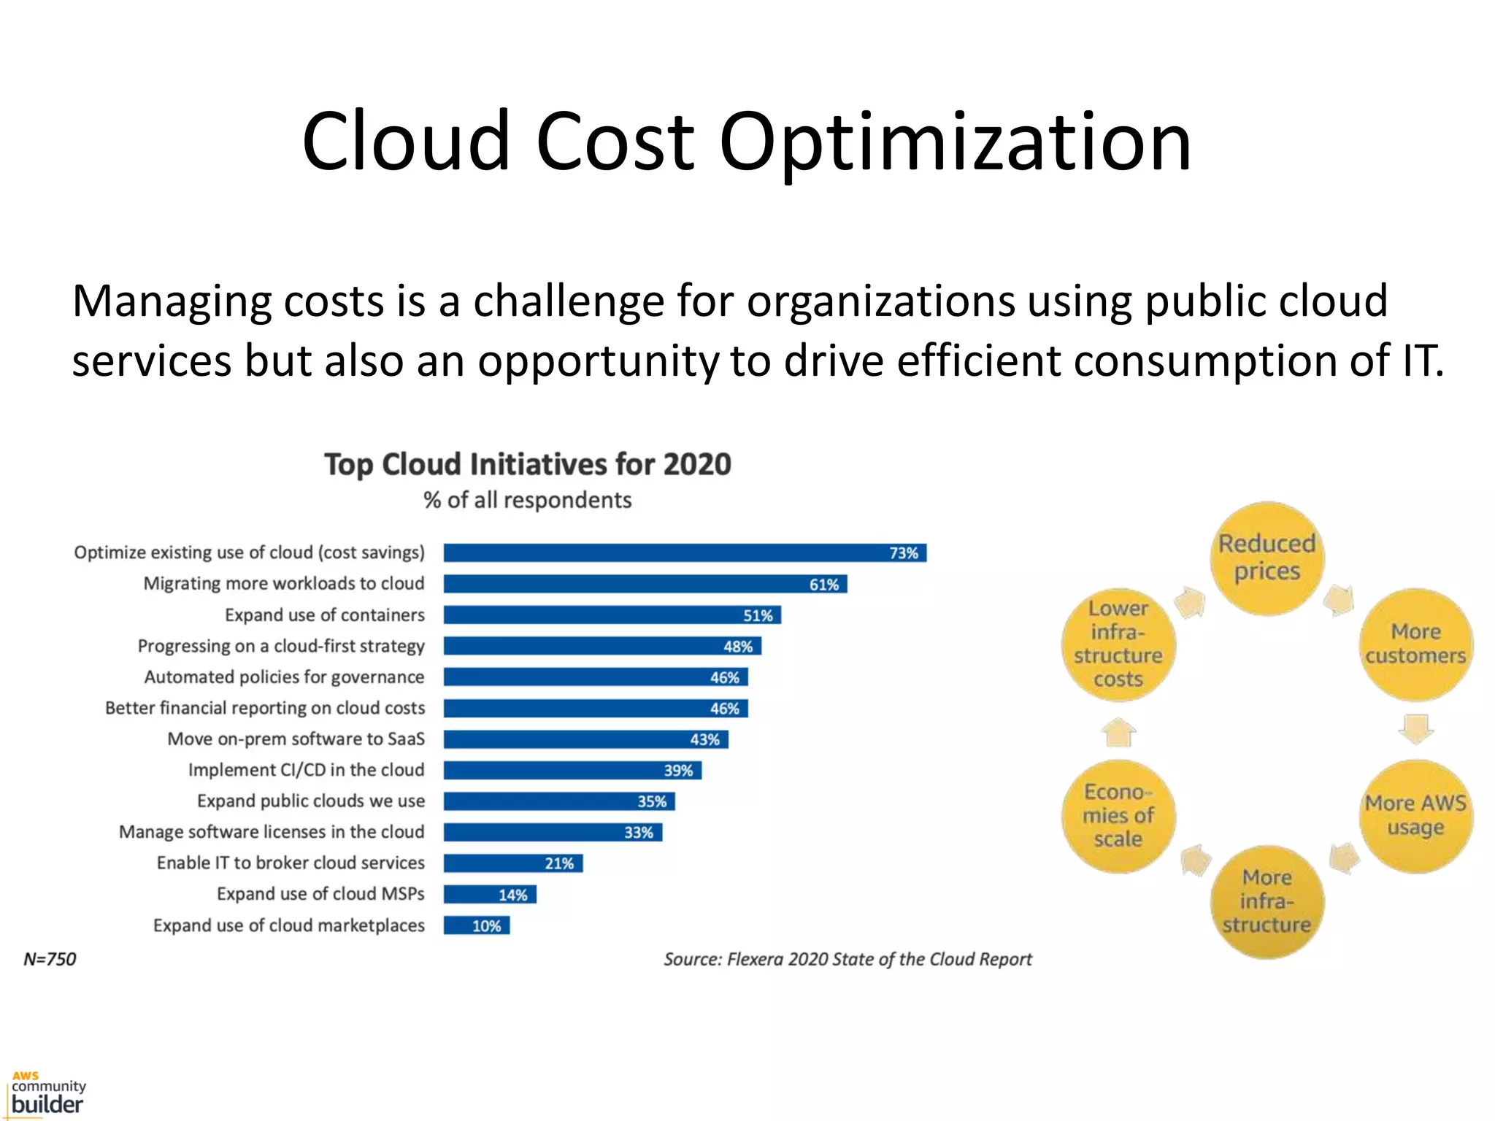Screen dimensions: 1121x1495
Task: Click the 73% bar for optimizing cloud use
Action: [685, 553]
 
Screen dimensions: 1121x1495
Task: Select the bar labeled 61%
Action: [645, 584]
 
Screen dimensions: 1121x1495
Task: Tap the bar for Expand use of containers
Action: [612, 615]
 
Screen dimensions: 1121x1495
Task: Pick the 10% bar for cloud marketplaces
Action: [477, 925]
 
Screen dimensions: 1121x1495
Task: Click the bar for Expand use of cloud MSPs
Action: [490, 894]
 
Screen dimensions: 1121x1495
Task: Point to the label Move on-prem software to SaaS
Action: [296, 739]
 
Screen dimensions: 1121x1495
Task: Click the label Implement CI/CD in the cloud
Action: [306, 770]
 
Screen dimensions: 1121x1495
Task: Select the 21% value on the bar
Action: [559, 863]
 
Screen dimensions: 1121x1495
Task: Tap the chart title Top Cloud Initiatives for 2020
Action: [527, 464]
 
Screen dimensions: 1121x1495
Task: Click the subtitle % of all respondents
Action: [527, 500]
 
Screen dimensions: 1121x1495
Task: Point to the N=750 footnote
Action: [50, 959]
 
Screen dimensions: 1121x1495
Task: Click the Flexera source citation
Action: [848, 959]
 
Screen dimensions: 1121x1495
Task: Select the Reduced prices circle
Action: [1267, 558]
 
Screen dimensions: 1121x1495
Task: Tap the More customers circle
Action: [1415, 644]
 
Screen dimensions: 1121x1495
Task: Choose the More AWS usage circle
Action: [1415, 815]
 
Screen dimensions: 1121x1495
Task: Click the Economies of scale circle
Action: [1118, 815]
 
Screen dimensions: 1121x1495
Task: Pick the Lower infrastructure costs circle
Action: [1118, 644]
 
